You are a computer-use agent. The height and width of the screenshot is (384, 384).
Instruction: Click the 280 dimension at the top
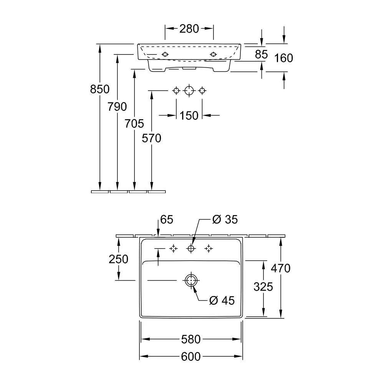(189, 29)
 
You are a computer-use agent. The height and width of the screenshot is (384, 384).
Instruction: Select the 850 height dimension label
(100, 89)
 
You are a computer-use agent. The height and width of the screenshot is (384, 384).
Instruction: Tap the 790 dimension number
(117, 107)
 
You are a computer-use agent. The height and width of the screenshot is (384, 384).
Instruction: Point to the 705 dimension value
(134, 124)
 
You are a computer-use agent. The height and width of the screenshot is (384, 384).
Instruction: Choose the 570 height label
(151, 138)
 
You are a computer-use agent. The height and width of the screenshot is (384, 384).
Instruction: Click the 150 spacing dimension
(189, 116)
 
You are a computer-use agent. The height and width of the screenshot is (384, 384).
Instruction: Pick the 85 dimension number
(261, 55)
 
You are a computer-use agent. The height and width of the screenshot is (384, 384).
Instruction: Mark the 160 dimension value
(284, 58)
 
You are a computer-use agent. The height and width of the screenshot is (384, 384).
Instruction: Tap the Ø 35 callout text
(225, 219)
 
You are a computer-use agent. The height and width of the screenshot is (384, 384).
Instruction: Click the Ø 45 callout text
(222, 301)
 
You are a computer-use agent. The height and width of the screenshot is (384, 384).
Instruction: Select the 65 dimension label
(167, 219)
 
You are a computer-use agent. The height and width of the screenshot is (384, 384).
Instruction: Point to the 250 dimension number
(119, 259)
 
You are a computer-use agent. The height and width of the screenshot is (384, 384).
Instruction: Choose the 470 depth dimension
(281, 268)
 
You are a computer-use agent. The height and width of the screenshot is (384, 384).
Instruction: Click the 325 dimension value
(263, 287)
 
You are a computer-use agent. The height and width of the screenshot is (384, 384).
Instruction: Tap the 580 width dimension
(191, 339)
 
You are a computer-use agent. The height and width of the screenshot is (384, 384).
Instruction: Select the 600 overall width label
(191, 357)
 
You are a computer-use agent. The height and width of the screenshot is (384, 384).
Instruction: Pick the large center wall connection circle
(189, 86)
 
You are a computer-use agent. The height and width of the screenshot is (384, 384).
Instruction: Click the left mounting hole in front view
(165, 55)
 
